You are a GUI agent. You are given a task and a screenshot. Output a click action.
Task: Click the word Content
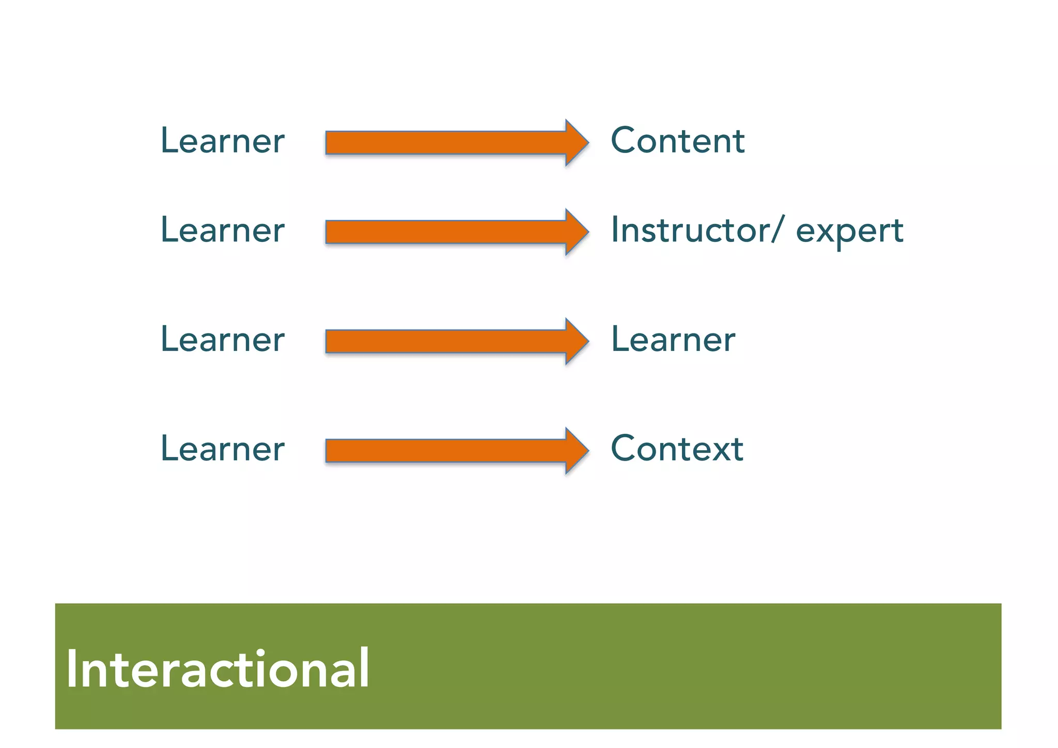677,141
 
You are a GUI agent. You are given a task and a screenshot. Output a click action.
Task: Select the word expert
849,231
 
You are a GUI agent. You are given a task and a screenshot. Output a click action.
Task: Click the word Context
677,449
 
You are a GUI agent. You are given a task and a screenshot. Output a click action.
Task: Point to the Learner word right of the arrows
673,340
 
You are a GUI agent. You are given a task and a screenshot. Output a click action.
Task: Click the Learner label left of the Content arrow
223,141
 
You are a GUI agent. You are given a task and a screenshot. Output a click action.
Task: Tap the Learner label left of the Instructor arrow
223,230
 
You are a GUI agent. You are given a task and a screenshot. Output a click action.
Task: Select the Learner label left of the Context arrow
223,449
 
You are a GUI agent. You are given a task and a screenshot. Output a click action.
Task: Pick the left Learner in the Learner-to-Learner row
223,340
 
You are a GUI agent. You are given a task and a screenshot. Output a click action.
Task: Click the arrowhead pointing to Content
576,143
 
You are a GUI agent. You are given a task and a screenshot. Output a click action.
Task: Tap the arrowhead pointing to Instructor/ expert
576,232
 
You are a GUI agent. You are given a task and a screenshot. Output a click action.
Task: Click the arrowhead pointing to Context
576,451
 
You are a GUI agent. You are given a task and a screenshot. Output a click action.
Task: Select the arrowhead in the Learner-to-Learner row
576,341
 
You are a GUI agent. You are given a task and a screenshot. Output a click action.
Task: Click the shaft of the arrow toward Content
444,143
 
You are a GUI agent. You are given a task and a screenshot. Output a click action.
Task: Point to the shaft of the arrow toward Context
444,451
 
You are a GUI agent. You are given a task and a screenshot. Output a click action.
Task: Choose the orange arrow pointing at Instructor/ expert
455,232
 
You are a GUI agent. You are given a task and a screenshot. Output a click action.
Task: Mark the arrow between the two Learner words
455,341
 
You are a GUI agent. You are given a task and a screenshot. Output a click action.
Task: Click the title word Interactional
217,669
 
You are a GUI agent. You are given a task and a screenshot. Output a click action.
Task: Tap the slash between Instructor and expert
779,230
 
